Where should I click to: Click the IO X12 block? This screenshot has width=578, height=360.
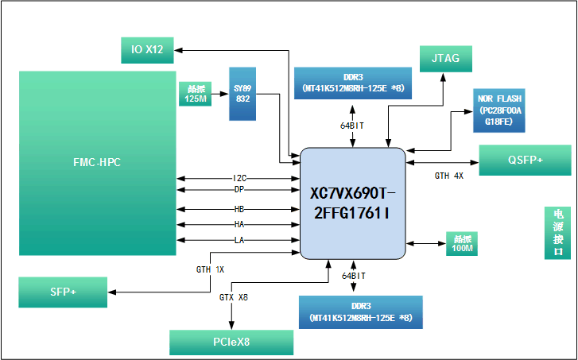click(147, 50)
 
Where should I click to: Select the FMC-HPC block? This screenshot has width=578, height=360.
click(97, 163)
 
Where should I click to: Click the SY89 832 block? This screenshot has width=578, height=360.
click(242, 94)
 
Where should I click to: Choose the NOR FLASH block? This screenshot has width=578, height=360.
click(501, 110)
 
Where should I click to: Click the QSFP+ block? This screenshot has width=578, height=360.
click(525, 160)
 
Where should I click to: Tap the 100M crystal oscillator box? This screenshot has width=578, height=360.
click(461, 244)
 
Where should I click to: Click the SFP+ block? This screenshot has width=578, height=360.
click(63, 292)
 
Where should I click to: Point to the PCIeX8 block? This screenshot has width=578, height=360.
click(231, 343)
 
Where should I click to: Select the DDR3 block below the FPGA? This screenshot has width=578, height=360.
click(361, 312)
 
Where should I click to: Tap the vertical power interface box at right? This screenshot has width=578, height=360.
click(557, 233)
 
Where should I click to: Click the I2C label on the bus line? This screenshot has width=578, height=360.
click(239, 177)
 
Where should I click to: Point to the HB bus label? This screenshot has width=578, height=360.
click(239, 209)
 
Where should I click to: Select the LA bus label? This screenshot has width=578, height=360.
click(239, 240)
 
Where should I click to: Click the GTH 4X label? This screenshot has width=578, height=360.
click(448, 176)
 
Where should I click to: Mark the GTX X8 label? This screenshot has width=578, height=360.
click(233, 296)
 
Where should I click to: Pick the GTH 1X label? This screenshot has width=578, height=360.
click(210, 269)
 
